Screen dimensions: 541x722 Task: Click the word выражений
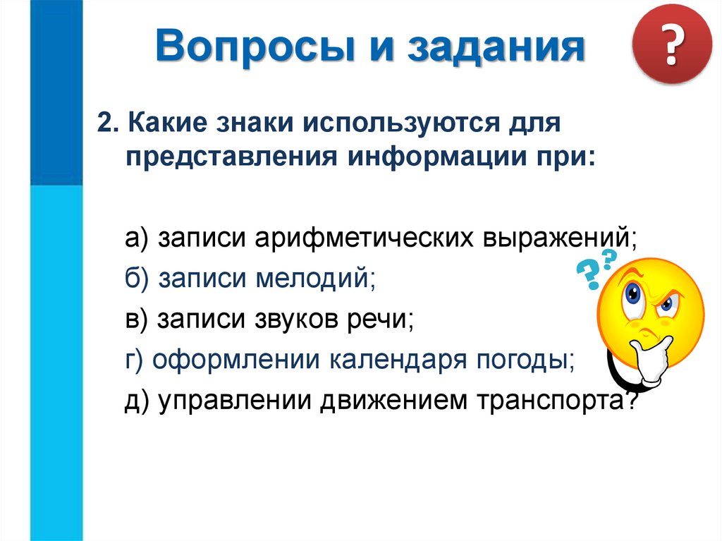click(558, 238)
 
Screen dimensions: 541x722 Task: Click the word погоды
click(528, 360)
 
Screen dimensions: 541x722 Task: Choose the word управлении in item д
click(235, 401)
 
